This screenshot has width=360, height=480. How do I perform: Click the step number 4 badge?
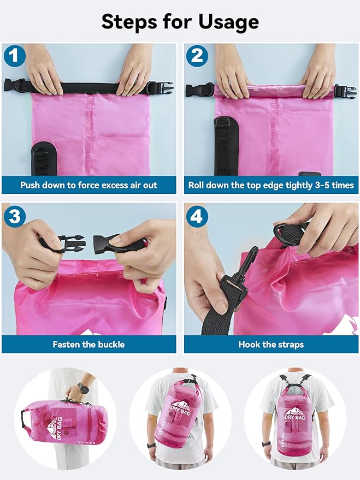196,216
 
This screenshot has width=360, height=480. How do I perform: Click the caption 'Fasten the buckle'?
88,345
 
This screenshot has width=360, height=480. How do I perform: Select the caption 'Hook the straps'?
271,345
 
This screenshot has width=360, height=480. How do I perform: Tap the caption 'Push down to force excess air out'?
88,185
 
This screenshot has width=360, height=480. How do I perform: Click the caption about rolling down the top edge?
271,185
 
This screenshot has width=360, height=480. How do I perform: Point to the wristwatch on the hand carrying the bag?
83,389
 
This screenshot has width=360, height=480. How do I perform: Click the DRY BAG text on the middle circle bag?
180,411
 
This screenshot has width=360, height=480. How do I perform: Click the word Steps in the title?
132,22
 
